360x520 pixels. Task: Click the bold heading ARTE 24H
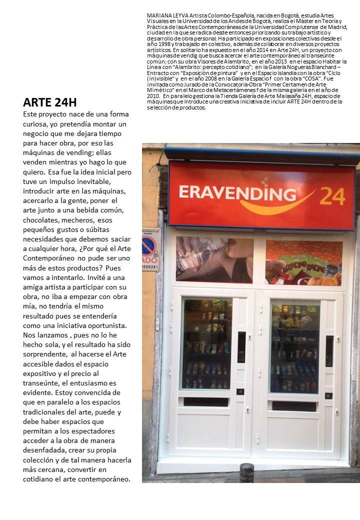[50, 103]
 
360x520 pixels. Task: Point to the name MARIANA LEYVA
[164, 16]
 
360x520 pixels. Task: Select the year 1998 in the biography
[155, 43]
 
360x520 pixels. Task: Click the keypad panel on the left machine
[241, 347]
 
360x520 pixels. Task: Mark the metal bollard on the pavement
[246, 472]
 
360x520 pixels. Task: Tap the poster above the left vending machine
[214, 259]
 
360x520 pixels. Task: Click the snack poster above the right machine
[303, 262]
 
